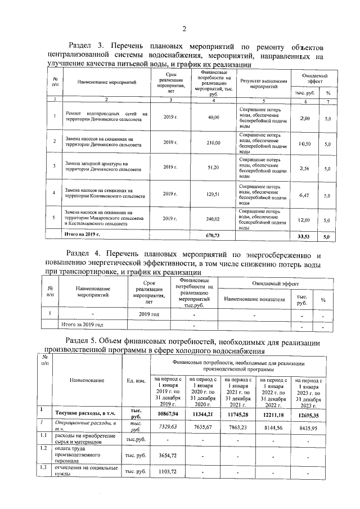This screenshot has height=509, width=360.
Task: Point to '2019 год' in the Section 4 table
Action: [149, 314]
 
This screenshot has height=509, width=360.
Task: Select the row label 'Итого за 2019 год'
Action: [83, 325]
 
